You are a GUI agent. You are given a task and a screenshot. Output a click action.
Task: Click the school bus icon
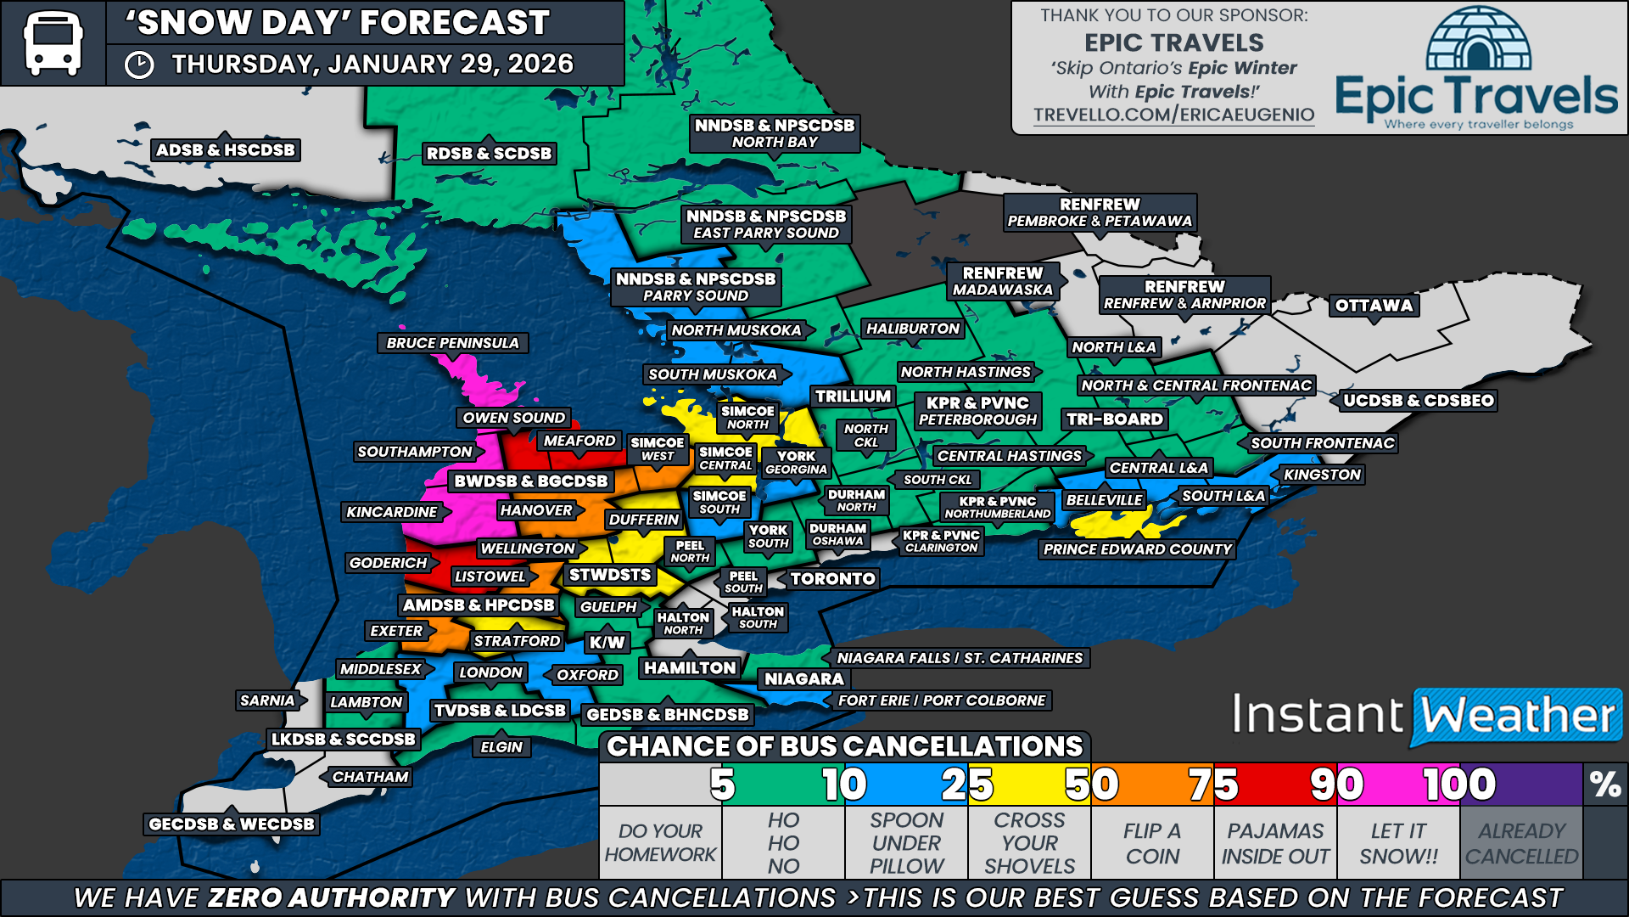click(53, 42)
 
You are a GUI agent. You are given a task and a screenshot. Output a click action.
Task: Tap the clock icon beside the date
click(139, 65)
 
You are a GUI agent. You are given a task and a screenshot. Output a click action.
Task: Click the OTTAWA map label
click(1374, 306)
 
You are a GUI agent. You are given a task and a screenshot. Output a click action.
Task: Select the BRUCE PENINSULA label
click(452, 343)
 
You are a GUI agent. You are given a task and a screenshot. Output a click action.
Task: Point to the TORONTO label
click(832, 579)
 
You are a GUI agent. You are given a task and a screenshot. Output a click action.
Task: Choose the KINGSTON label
click(1322, 475)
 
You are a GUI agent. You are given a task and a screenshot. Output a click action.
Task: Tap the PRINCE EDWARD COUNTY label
click(1137, 549)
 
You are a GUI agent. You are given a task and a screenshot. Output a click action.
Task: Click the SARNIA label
click(267, 700)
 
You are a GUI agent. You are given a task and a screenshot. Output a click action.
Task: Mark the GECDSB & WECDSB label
click(231, 824)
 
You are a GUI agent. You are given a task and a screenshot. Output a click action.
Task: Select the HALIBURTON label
click(912, 329)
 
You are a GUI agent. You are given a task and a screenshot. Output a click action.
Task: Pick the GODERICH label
click(389, 563)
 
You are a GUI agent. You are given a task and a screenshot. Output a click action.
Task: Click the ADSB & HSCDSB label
click(226, 150)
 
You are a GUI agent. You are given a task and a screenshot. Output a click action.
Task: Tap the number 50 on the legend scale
click(1091, 785)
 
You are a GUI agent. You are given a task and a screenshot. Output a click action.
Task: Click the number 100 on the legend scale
click(1459, 785)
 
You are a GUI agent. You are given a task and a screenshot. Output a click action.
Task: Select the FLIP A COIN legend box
click(1152, 843)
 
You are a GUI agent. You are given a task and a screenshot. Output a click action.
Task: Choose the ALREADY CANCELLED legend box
click(1521, 843)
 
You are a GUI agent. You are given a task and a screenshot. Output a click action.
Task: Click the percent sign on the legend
click(1605, 785)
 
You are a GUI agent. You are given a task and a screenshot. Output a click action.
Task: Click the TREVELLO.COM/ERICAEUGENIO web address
click(1173, 115)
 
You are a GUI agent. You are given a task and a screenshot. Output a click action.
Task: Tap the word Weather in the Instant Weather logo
click(1517, 716)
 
